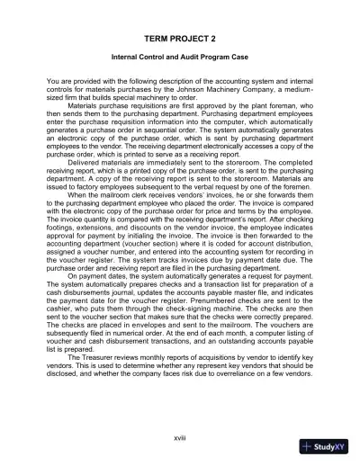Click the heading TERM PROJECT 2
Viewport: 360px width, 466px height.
point(179,40)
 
